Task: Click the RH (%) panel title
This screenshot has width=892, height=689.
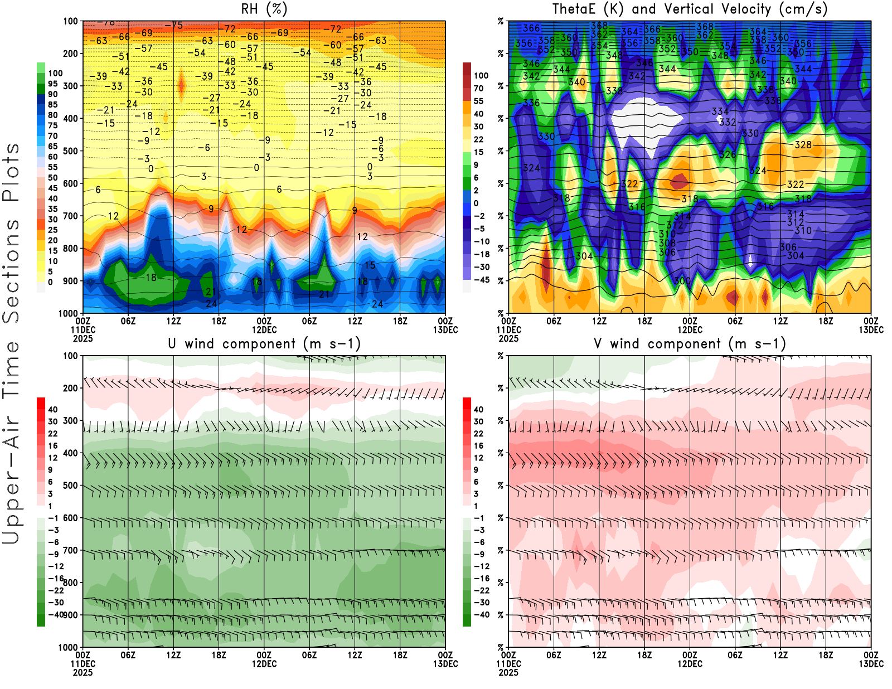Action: point(264,9)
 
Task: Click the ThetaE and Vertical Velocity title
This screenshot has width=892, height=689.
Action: point(690,9)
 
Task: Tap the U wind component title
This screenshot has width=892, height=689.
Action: point(264,343)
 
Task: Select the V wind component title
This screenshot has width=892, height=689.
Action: point(690,343)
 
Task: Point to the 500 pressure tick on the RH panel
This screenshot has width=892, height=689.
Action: point(70,151)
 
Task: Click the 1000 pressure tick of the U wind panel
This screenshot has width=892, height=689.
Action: point(68,647)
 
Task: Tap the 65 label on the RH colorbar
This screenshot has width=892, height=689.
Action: point(52,147)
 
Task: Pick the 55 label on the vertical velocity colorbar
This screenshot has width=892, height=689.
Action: point(478,101)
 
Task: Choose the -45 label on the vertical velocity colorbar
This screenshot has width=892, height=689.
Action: point(481,280)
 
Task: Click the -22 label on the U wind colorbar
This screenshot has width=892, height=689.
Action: point(56,590)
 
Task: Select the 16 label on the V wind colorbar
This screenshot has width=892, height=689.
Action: point(478,446)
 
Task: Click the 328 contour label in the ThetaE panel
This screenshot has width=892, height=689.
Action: point(803,145)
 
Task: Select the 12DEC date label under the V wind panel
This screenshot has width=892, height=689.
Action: point(690,664)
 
